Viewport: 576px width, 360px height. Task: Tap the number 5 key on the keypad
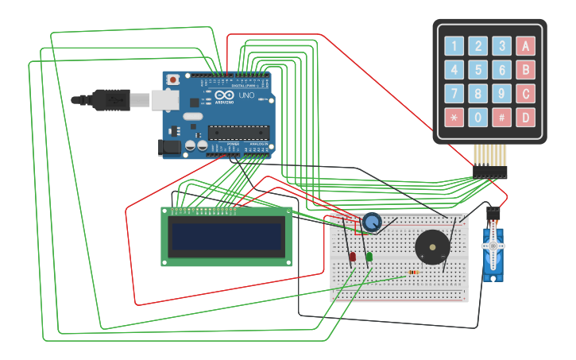(x=477, y=70)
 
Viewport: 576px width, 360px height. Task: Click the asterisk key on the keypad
(x=454, y=118)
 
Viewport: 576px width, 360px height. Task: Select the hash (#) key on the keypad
(x=501, y=118)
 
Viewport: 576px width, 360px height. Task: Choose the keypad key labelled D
(x=524, y=118)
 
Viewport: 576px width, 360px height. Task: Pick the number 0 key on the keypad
(x=477, y=118)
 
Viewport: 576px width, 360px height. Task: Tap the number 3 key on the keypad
(x=501, y=46)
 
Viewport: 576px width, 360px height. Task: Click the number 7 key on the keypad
(x=454, y=95)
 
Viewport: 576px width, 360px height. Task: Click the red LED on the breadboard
(x=353, y=256)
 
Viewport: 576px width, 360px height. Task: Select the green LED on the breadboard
(x=369, y=256)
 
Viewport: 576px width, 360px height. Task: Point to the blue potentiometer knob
(x=371, y=223)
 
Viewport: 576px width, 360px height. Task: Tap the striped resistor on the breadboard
(x=413, y=273)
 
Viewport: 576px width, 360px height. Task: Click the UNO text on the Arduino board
(x=246, y=95)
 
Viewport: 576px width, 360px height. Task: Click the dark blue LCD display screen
(x=227, y=236)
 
